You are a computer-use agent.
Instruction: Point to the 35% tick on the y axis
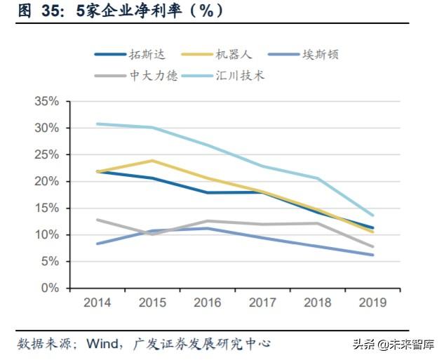(46, 101)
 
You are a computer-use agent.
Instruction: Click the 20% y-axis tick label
(46, 181)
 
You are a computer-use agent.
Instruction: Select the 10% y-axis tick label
(46, 234)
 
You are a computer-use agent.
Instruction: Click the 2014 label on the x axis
(97, 303)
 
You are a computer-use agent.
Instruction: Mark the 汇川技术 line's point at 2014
(97, 124)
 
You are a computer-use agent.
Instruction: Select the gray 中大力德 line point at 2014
(97, 220)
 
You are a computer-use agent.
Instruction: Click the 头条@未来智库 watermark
(393, 345)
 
